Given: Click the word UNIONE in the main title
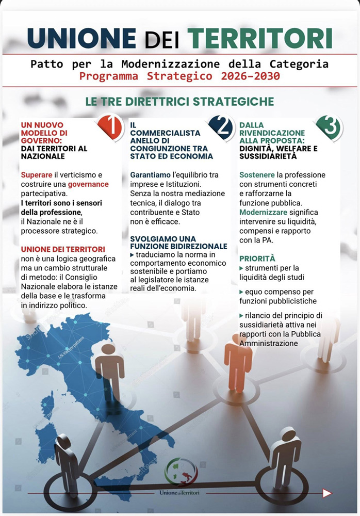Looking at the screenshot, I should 81,38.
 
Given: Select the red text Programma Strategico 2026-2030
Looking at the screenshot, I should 179,76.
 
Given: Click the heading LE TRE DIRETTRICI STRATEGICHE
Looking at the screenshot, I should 179,101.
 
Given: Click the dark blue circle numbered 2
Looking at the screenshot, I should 221,127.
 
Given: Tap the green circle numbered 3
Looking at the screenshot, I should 329,127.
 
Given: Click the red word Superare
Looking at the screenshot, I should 37,175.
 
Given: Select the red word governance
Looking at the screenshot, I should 88,184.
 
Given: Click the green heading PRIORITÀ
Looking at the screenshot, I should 257,258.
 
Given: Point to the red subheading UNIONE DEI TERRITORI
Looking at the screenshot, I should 63,249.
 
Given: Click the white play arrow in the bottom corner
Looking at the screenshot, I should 327,493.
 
